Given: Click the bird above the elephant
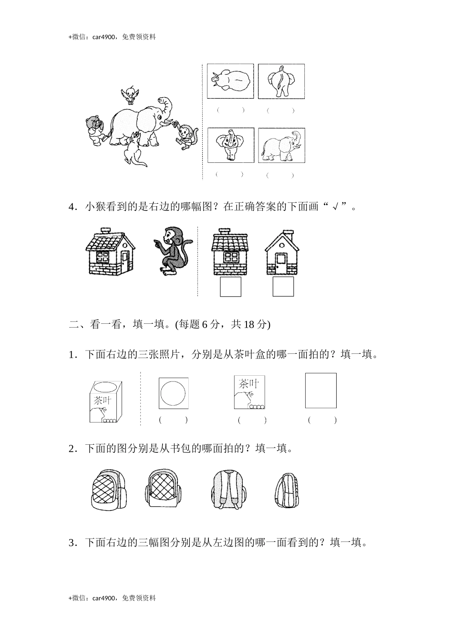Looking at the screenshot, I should click(129, 95).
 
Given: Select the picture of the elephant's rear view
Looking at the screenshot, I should click(281, 81).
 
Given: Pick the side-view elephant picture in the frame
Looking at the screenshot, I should click(281, 145).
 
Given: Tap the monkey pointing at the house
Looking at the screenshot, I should click(173, 250).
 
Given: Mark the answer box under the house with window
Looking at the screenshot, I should click(230, 287).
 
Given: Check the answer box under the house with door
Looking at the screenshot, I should click(283, 287).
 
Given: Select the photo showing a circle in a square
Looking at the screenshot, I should click(174, 393).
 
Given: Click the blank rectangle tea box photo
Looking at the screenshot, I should click(321, 390).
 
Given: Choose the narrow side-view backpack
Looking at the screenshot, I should click(286, 490).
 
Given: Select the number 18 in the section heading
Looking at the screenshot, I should click(249, 325).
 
